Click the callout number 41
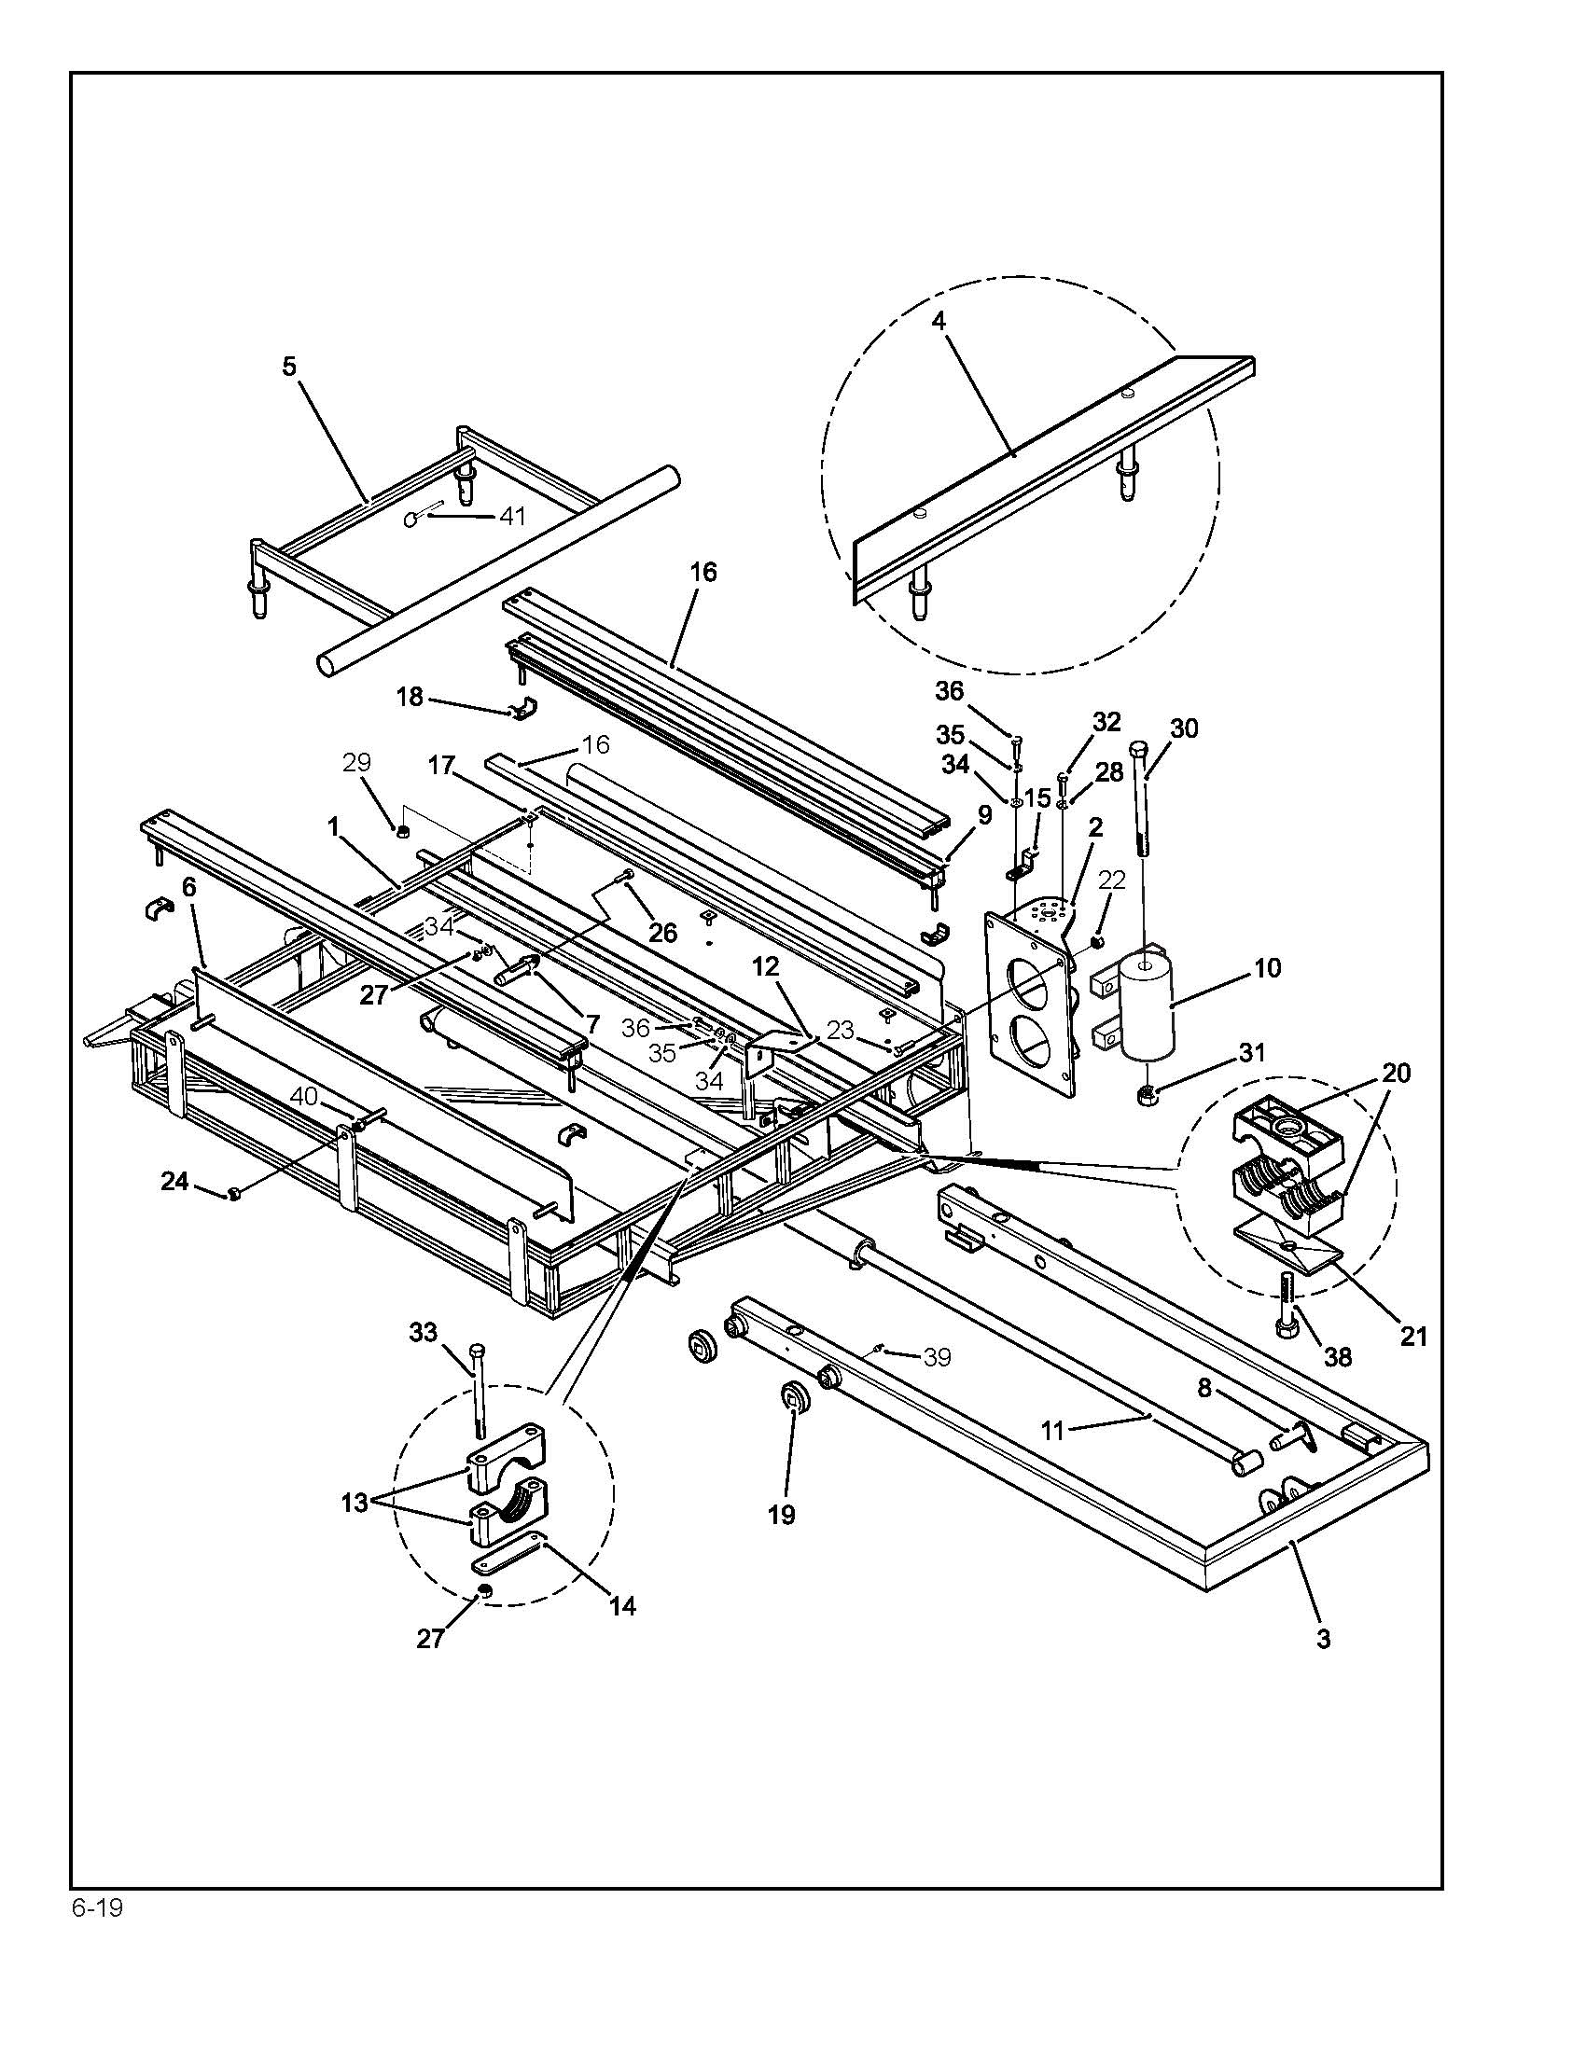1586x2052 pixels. (x=512, y=516)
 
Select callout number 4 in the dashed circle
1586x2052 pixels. (x=939, y=320)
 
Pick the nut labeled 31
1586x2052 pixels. (x=1147, y=1094)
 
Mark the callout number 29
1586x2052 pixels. (x=357, y=762)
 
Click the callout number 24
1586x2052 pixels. (x=174, y=1181)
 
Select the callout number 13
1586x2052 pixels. (x=355, y=1504)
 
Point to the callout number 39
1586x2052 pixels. (x=937, y=1357)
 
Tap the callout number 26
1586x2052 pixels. (x=663, y=932)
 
